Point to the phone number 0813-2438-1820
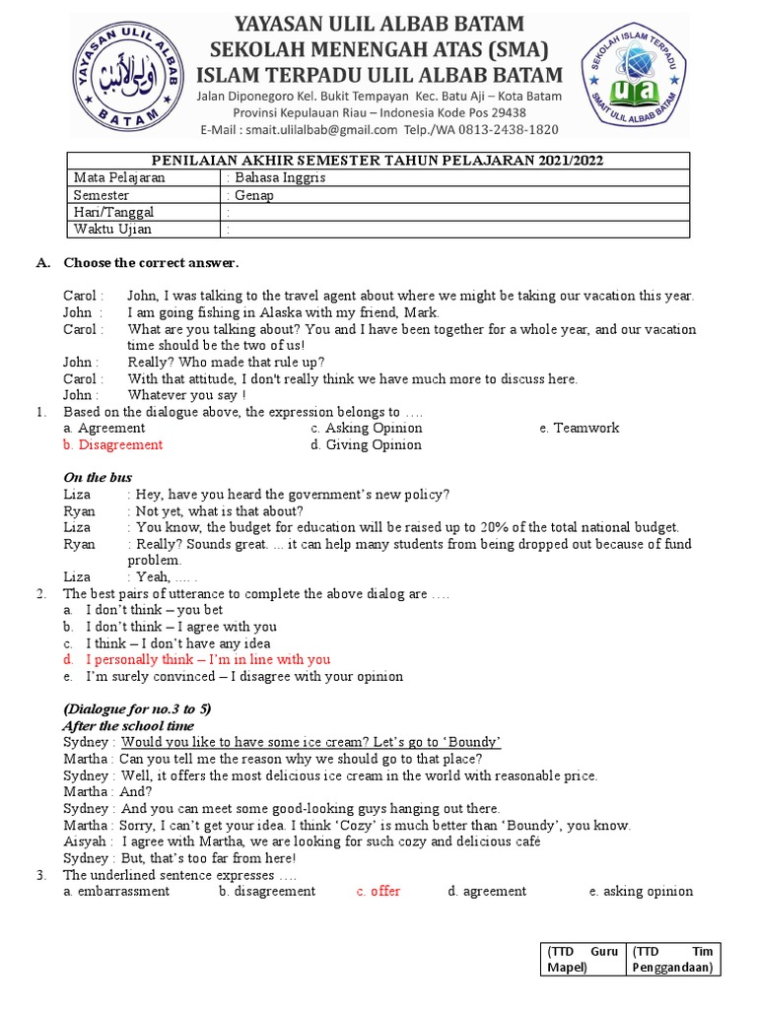pyautogui.click(x=506, y=130)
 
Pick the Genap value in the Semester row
pyautogui.click(x=253, y=195)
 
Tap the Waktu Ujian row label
pyautogui.click(x=113, y=230)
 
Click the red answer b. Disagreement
pyautogui.click(x=112, y=444)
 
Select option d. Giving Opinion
pyautogui.click(x=366, y=444)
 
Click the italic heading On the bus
pyautogui.click(x=98, y=478)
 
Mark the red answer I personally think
pyautogui.click(x=207, y=659)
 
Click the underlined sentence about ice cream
pyautogui.click(x=310, y=742)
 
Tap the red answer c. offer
pyautogui.click(x=378, y=891)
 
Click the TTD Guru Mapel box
pyautogui.click(x=582, y=960)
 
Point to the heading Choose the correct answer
pyautogui.click(x=151, y=263)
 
